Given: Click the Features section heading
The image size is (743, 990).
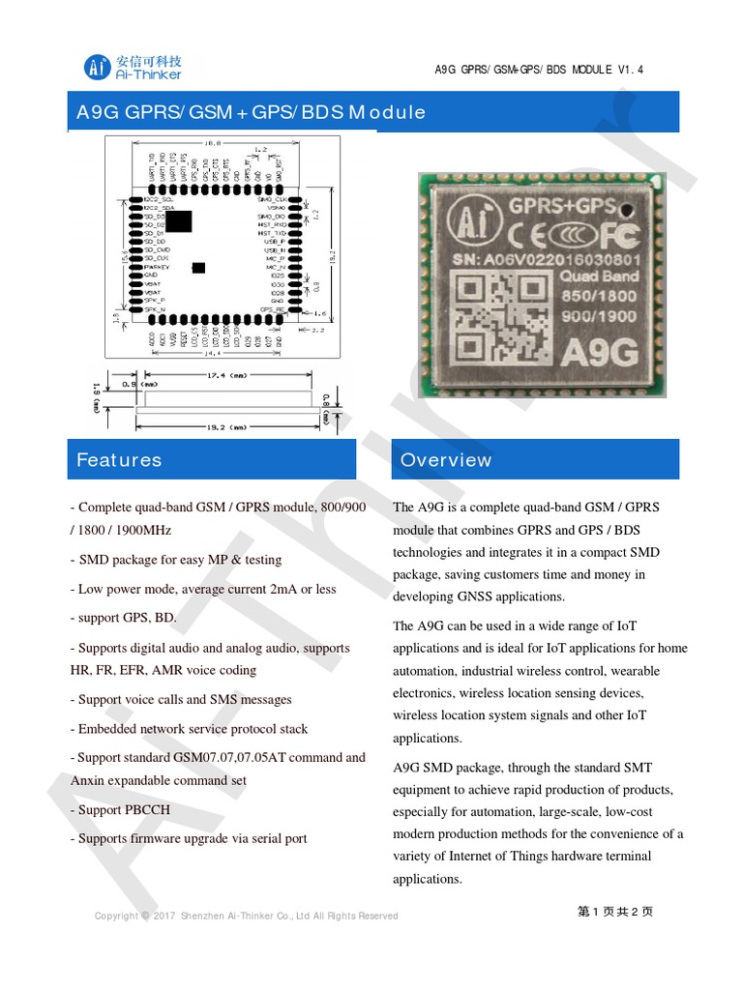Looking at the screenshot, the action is (119, 460).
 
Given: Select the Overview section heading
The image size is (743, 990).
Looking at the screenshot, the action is (446, 460).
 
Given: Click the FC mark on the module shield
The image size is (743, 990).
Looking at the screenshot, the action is (619, 237).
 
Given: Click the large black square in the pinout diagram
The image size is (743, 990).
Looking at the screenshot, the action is (179, 221).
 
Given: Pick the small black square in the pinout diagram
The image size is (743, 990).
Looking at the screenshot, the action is (199, 267).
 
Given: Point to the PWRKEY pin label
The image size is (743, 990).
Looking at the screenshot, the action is (156, 267).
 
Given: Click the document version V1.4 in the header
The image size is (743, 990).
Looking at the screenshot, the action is (630, 70).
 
